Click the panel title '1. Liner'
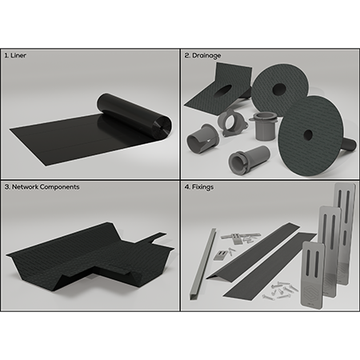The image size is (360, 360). point(15,55)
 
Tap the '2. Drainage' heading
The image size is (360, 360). point(202,55)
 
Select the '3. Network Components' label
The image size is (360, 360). point(42,186)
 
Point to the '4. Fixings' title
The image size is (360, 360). point(199,187)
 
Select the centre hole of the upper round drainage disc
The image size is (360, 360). point(279,89)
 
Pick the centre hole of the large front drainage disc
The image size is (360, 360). point(308,134)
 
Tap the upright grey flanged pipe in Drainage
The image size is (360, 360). point(263,126)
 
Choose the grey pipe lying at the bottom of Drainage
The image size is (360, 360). point(249,159)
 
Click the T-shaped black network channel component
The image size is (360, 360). point(90,256)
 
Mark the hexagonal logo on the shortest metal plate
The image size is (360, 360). point(312,291)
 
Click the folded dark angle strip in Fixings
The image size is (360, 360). point(254,250)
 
